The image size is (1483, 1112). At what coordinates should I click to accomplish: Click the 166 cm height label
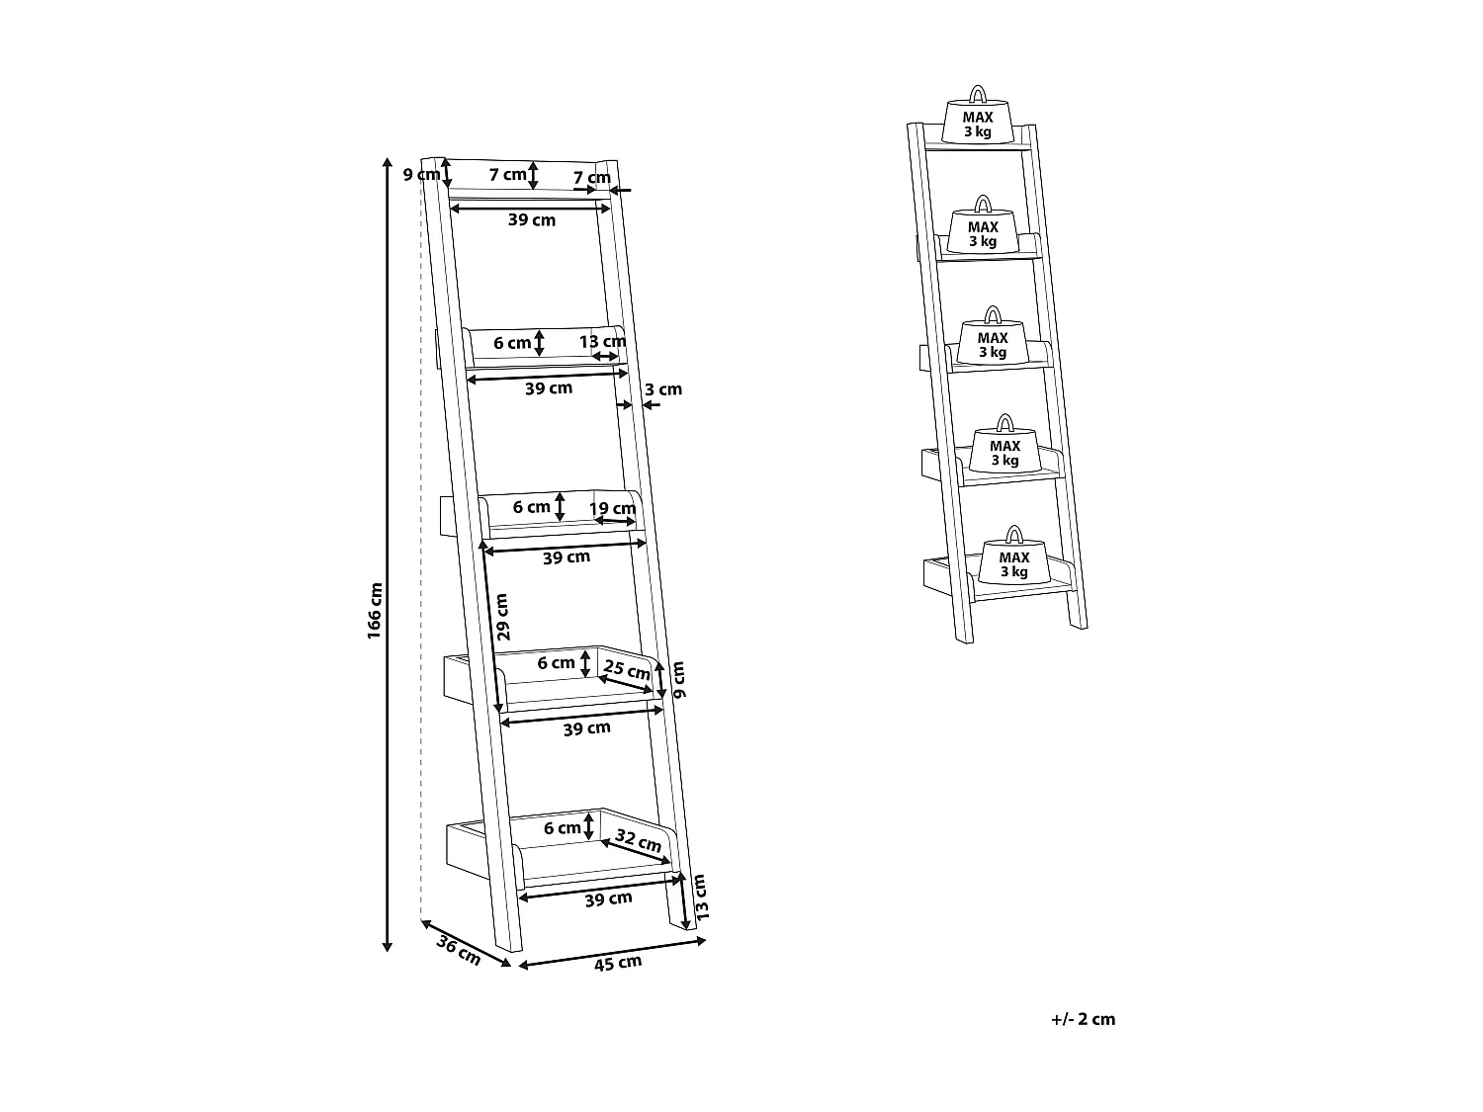click(374, 610)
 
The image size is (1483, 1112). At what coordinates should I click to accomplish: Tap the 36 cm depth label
click(458, 951)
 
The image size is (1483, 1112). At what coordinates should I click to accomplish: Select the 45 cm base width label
click(617, 962)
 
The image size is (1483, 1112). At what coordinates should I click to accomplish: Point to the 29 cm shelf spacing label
click(501, 618)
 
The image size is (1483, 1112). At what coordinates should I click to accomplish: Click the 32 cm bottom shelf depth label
click(638, 841)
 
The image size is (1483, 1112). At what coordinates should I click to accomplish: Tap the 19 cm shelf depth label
click(613, 508)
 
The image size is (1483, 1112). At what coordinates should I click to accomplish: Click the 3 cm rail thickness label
click(663, 389)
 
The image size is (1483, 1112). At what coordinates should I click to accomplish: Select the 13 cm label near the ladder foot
click(701, 898)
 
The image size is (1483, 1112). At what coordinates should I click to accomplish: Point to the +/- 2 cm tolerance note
click(1084, 1019)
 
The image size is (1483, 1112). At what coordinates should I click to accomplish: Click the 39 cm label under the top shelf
click(532, 219)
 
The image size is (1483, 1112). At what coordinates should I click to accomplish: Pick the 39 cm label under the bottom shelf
click(608, 898)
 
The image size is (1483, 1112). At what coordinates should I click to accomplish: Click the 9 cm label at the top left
click(420, 175)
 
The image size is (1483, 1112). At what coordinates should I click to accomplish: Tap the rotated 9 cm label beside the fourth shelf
click(678, 680)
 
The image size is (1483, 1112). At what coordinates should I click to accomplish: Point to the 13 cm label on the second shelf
click(602, 342)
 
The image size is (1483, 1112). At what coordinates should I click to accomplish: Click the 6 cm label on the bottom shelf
click(562, 828)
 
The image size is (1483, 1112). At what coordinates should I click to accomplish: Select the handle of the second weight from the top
click(982, 204)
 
